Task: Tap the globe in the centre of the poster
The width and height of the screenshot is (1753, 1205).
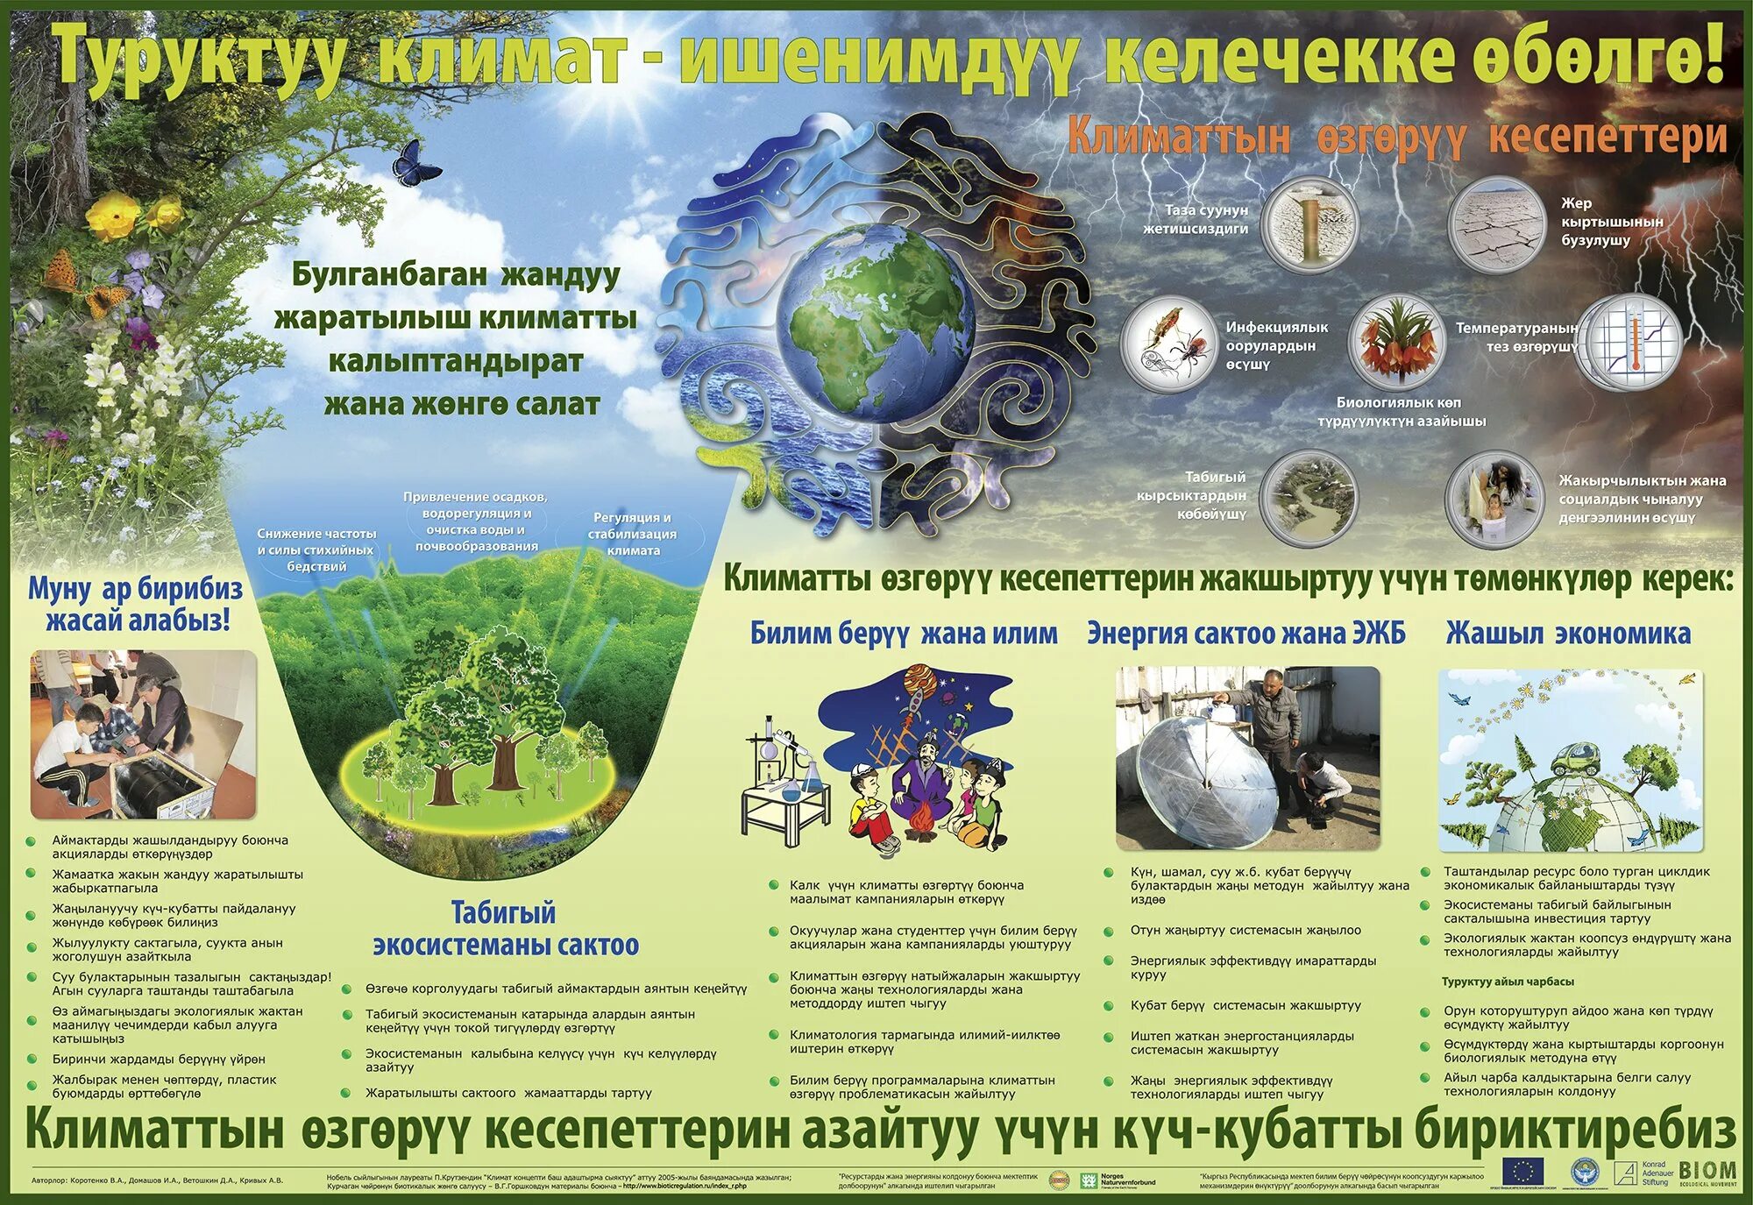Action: coord(875,320)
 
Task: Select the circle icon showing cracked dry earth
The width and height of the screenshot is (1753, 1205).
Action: coord(1495,223)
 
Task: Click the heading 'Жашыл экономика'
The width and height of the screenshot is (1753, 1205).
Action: coord(1567,633)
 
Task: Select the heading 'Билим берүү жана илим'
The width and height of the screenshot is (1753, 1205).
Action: coord(903,633)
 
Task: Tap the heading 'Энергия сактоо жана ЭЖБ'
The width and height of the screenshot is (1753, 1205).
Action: coord(1246,633)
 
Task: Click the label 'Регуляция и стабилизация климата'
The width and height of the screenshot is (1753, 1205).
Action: coord(632,534)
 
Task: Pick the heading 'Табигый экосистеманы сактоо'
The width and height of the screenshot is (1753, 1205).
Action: coord(505,929)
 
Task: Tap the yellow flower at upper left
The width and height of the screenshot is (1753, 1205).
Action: coord(111,216)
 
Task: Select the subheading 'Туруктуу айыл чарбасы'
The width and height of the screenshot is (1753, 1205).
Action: coord(1508,982)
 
